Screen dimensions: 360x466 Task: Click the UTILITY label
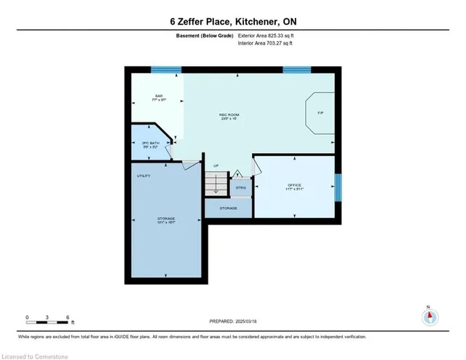click(x=143, y=176)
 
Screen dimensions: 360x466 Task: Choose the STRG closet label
click(x=240, y=187)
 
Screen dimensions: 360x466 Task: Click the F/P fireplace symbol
click(x=320, y=113)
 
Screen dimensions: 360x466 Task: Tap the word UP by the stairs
click(x=216, y=167)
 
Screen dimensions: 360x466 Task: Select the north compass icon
click(x=430, y=316)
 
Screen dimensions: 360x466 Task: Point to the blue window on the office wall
click(x=338, y=187)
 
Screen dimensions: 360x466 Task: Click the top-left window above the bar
click(x=166, y=70)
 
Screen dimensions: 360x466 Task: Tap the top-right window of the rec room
click(x=296, y=70)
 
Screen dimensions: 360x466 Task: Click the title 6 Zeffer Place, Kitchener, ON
click(x=233, y=21)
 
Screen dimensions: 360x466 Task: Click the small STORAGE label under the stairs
click(x=229, y=208)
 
